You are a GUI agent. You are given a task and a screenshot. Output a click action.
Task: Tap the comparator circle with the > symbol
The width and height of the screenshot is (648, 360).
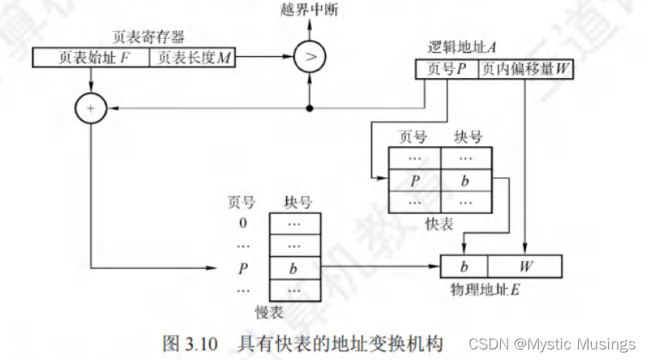click(x=309, y=58)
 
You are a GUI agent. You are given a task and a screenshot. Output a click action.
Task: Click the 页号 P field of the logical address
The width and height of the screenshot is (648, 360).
click(x=446, y=70)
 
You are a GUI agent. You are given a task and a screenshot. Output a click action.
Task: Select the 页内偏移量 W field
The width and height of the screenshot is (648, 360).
click(x=526, y=70)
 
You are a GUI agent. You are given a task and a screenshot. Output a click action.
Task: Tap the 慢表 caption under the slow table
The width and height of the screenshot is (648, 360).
click(x=269, y=313)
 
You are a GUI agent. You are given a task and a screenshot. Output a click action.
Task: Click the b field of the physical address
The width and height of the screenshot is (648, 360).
click(x=464, y=267)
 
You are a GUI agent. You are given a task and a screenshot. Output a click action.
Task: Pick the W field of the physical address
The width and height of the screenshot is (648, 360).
click(x=525, y=267)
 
